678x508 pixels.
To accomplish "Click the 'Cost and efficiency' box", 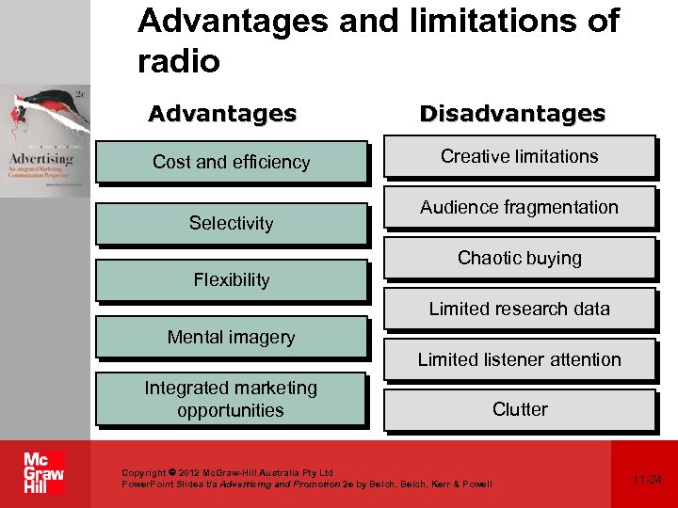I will [231, 162].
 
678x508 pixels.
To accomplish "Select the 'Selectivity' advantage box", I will [231, 223].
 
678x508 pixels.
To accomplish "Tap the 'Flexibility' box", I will [231, 279].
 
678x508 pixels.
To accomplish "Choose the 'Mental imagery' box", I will [231, 337].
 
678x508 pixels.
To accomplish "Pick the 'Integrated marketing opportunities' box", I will [231, 399].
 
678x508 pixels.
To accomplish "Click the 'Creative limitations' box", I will [519, 156].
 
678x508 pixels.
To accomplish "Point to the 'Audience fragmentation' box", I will [519, 207].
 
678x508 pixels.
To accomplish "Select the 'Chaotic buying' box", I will [519, 258].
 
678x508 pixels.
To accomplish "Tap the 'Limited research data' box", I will [519, 309].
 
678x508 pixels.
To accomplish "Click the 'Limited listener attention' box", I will [519, 359].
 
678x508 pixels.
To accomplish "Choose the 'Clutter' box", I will [519, 409].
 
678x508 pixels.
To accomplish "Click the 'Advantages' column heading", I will [222, 114].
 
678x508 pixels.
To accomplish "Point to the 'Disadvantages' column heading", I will [512, 114].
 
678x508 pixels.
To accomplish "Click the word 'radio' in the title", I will [178, 62].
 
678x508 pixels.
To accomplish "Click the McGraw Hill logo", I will [44, 474].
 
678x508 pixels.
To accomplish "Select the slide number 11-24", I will [647, 480].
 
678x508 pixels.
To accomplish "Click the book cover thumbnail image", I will [45, 141].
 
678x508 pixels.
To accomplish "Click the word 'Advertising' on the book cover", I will [41, 154].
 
